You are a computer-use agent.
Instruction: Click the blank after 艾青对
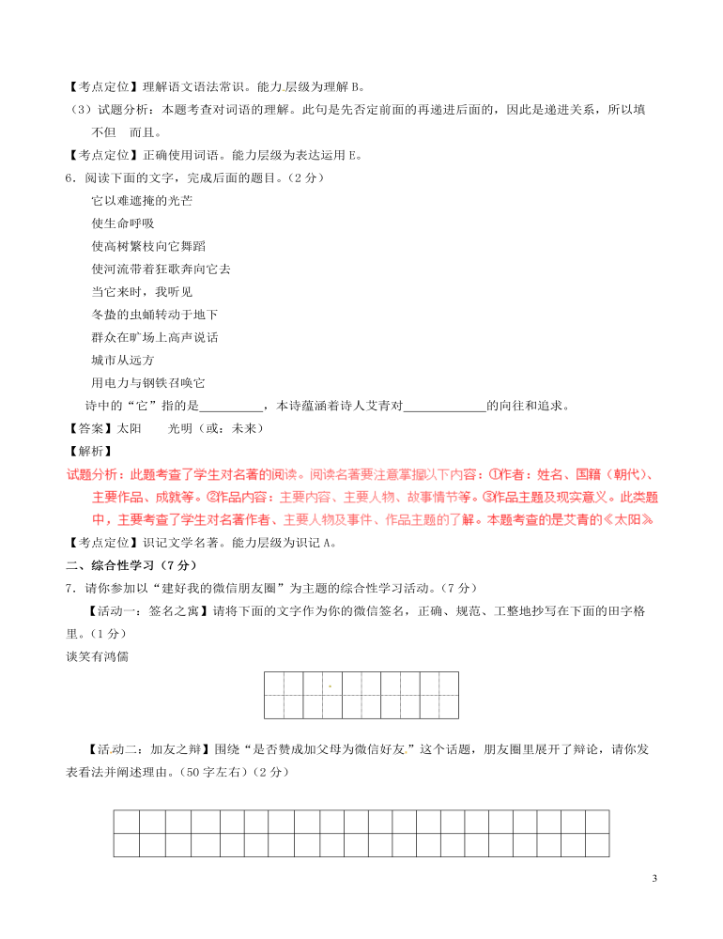pos(444,406)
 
